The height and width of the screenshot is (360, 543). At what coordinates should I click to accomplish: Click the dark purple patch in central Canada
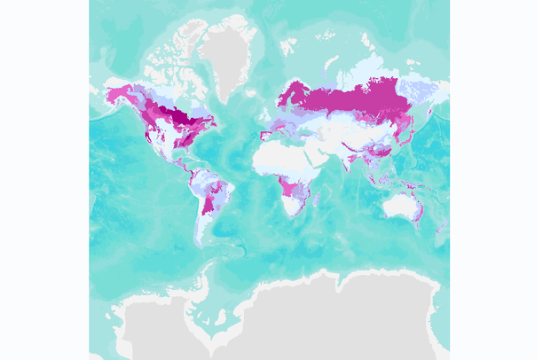coord(182,116)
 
